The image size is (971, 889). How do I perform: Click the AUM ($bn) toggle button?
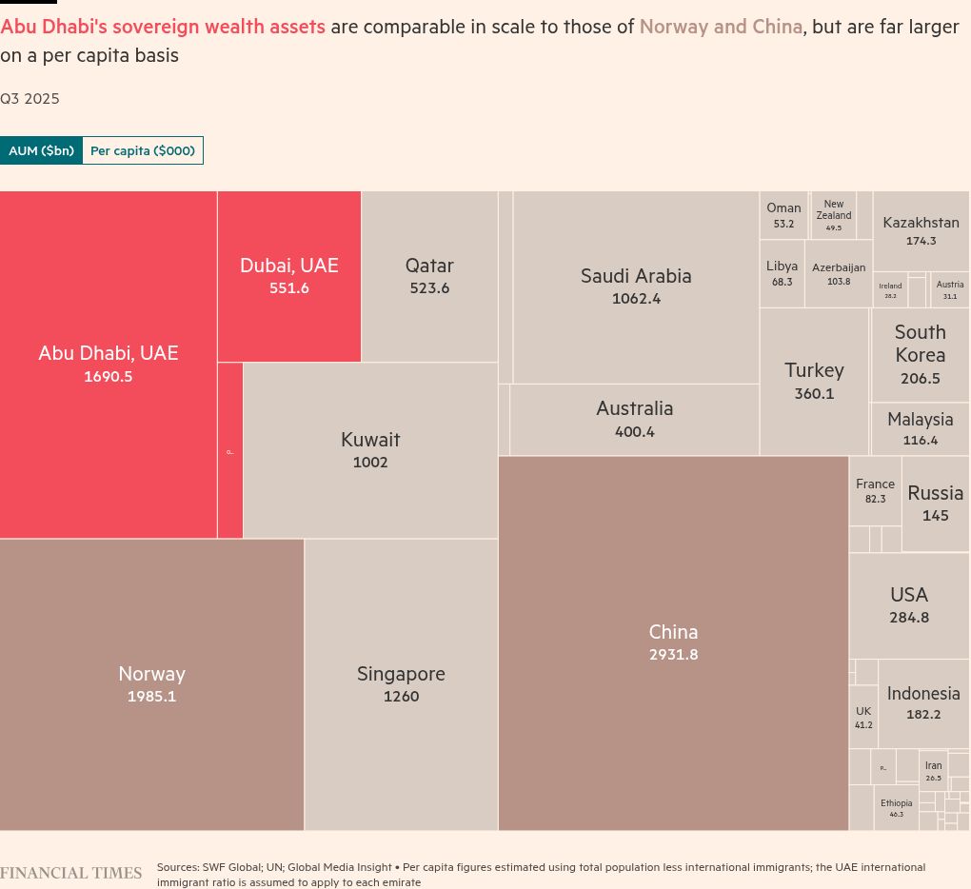coord(41,150)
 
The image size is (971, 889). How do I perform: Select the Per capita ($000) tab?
coord(143,150)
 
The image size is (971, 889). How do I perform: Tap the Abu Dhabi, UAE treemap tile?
coord(108,365)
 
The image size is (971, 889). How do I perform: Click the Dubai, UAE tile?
coord(288,276)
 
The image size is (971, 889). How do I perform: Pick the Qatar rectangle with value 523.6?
coord(429,276)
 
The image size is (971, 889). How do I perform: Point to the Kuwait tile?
coord(370,450)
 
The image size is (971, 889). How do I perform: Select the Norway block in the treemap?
coord(151,684)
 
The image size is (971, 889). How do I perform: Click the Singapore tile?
coord(401,684)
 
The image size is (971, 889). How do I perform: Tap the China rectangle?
coord(673,642)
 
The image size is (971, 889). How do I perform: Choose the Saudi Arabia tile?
coord(636,286)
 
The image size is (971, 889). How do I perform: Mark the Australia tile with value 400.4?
coord(634,419)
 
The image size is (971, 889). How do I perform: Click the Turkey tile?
coord(814,381)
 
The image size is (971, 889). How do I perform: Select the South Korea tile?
coord(920,354)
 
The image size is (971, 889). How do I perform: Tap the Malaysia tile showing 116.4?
coord(920,428)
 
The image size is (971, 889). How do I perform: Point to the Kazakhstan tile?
coord(921,230)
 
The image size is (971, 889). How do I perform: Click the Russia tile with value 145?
coord(935,503)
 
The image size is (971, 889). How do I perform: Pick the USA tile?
coord(909,605)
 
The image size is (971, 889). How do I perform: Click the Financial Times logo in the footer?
coord(71,873)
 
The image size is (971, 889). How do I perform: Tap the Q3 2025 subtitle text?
coord(30,98)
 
